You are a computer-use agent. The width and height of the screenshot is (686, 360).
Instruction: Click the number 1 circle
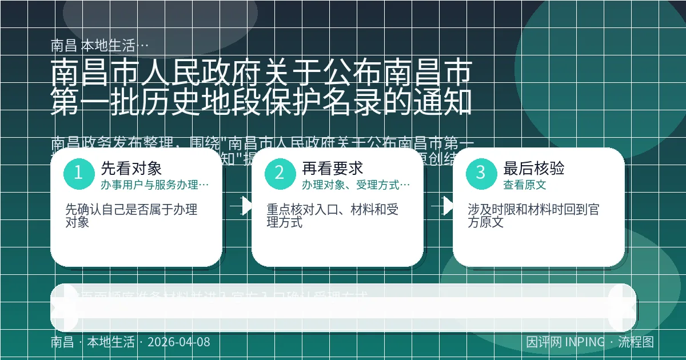point(78,173)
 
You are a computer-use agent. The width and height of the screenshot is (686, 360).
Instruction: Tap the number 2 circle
point(280,173)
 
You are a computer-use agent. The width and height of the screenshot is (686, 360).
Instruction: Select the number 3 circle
point(481,173)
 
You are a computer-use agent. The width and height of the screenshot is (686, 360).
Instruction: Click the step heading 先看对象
point(131,168)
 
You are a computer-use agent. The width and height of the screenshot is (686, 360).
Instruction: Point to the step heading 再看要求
point(332,168)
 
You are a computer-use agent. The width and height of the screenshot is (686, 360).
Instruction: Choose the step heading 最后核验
point(533,168)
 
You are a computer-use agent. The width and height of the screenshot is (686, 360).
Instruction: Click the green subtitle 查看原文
point(524,185)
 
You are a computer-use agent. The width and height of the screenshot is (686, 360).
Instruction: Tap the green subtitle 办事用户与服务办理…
point(154,185)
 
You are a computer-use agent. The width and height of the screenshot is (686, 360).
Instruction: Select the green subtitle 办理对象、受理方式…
point(356,185)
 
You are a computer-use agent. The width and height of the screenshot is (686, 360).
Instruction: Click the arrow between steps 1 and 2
point(242,206)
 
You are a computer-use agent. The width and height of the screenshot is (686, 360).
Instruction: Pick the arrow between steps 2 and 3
point(444,206)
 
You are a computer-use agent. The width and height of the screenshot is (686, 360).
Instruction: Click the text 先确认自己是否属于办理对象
point(131,216)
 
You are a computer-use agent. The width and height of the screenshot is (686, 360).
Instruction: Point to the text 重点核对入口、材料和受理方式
point(332,216)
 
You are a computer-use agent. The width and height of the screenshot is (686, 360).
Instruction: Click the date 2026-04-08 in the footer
point(178,342)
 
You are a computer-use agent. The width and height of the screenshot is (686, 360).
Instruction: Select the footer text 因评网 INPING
point(565,342)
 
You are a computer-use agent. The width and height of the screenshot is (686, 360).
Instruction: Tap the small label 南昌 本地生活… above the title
point(100,46)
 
